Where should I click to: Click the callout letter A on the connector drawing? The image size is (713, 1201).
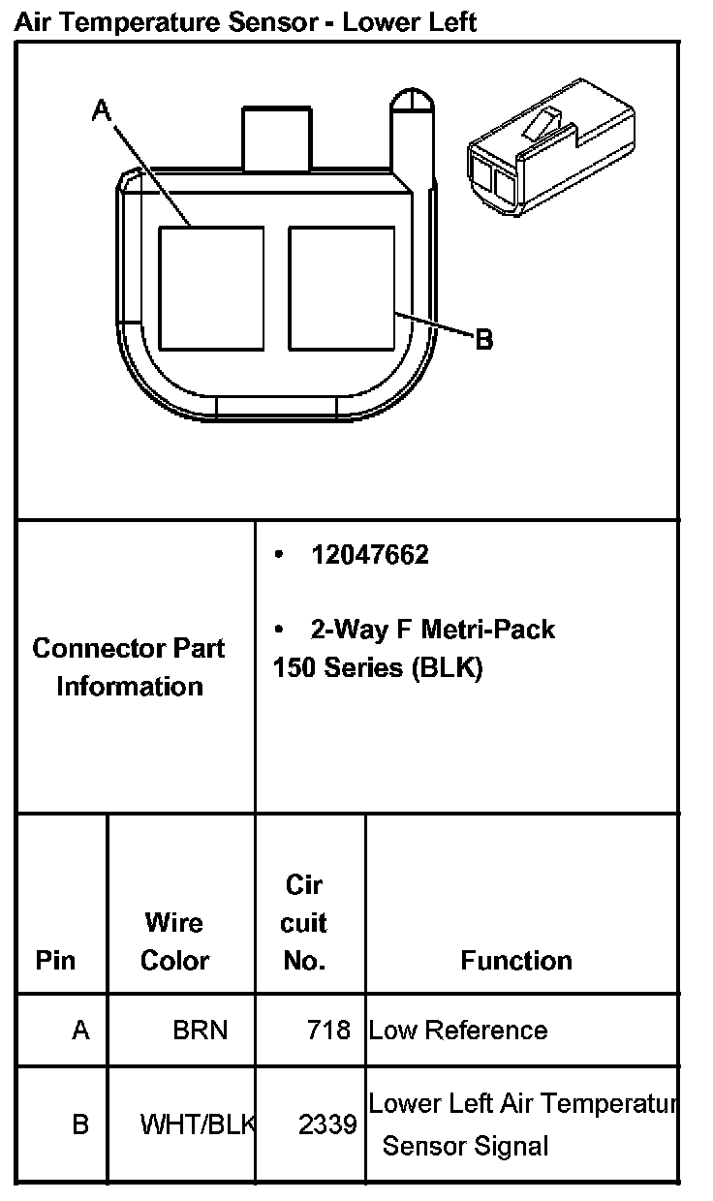coord(102,111)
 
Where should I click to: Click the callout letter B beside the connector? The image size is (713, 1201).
coord(483,339)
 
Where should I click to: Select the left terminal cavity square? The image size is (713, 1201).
coord(211,289)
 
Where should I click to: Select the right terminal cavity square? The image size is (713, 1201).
coord(341,289)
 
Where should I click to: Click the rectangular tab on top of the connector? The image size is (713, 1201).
coord(277,139)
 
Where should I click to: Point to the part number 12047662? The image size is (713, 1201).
coord(369,555)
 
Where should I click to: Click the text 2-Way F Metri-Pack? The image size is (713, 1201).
coord(432,630)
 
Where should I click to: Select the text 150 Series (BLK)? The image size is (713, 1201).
coord(378,668)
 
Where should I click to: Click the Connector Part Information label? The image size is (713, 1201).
coord(129,667)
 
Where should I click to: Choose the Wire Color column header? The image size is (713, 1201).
coord(174,940)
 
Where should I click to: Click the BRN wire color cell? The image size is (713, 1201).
coord(201,1030)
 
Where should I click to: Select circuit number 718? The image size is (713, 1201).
coord(328,1030)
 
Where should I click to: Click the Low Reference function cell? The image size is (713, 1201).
coord(458,1030)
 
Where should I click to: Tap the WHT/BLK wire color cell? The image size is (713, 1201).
coord(198,1124)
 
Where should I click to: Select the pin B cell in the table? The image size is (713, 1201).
coord(80,1124)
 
